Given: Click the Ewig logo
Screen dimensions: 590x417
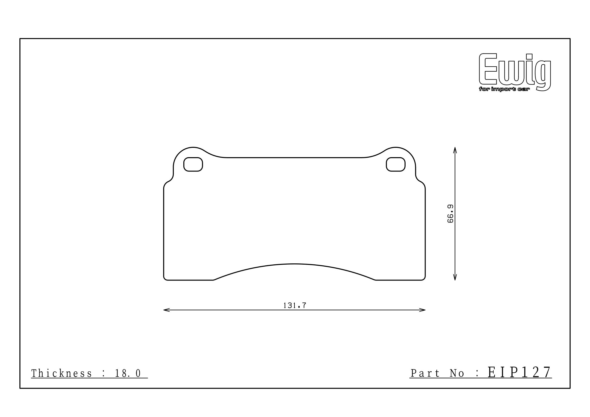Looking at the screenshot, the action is coord(515,72).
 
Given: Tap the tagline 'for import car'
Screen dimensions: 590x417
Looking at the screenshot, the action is coord(504,89).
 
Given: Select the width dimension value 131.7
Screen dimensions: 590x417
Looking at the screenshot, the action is coord(295,305).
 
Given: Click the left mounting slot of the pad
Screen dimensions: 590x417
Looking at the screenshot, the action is coord(193,164).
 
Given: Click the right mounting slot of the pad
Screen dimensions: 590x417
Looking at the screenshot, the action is coord(396,164).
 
